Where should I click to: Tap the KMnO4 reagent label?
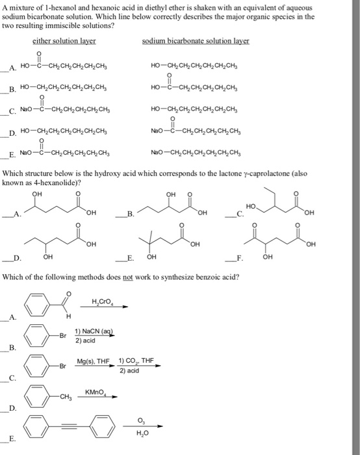coord(96,392)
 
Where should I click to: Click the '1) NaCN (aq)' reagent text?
coord(93,332)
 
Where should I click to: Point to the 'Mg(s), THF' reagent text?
coord(91,360)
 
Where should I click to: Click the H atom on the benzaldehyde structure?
coord(68,316)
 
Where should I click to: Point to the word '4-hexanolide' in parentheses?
coord(58,184)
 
